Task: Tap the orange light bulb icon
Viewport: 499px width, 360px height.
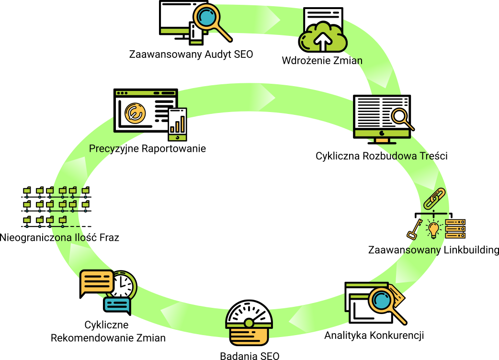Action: pos(433,229)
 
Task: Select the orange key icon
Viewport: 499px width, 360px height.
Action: pos(415,229)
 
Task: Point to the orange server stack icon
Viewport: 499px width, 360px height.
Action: pos(455,229)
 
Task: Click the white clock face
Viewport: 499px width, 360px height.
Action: pos(123,285)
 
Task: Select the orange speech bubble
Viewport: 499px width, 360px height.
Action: pos(97,282)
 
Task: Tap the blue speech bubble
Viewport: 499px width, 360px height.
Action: pos(117,305)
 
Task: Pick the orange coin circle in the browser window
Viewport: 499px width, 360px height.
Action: pos(135,112)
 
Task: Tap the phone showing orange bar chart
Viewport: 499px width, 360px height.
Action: pos(178,124)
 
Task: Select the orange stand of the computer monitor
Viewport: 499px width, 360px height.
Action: pos(382,141)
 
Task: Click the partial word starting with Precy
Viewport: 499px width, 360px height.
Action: pos(103,149)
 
